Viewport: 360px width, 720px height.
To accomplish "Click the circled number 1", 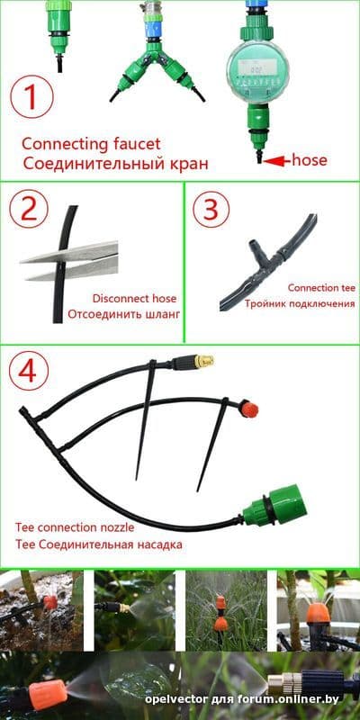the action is pos(31,98).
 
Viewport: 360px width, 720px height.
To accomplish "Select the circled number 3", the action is pos(211,210).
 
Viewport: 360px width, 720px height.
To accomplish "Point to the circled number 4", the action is pos(27,371).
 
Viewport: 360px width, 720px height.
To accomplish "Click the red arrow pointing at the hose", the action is pos(277,161).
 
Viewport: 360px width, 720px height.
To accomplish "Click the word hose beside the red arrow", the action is pos(310,160).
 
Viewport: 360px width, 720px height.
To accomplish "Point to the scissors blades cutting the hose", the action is pos(69,260).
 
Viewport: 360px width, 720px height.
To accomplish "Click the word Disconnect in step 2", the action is pos(114,299).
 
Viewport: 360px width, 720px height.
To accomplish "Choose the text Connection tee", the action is pos(321,288).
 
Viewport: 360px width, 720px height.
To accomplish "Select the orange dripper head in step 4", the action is pos(248,409).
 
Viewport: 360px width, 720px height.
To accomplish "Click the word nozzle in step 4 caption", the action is pos(118,527).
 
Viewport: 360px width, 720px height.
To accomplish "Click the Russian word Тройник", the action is pos(263,304).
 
